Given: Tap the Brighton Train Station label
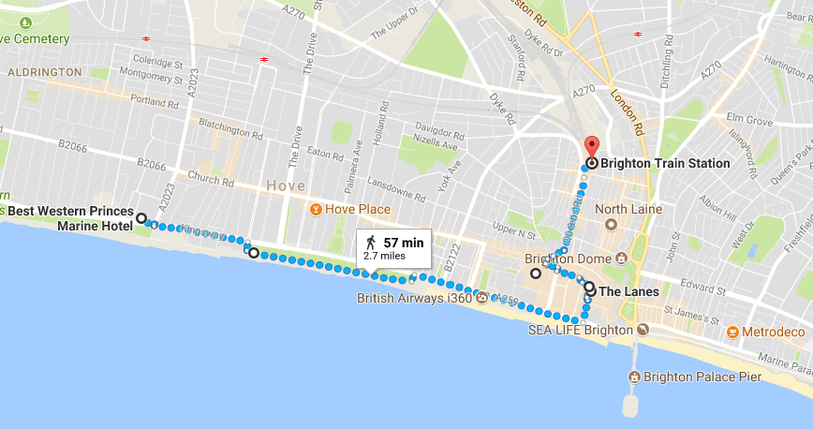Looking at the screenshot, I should tap(665, 163).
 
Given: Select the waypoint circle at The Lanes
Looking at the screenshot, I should tap(589, 288).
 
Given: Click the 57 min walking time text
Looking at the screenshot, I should tap(404, 243).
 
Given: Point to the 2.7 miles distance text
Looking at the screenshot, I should tap(384, 255).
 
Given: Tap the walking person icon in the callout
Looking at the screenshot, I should tap(371, 244).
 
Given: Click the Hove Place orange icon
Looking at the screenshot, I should tap(317, 209).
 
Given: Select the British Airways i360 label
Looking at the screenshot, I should tap(415, 300).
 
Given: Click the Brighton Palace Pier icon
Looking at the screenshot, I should tap(635, 377).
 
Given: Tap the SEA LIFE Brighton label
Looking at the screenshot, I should tap(581, 330).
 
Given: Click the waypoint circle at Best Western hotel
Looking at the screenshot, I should tap(141, 218).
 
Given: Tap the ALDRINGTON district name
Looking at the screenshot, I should tap(44, 72).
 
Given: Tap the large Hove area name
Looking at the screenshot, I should tap(283, 185).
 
